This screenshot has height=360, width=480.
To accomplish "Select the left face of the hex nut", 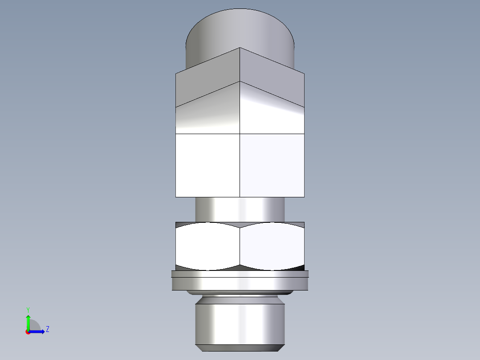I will [207, 246].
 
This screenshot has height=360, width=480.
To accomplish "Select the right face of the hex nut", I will [272, 246].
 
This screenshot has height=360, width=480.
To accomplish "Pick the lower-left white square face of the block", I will [207, 165].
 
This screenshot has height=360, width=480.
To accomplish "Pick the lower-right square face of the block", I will [272, 165].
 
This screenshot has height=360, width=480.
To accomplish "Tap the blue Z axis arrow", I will [39, 331].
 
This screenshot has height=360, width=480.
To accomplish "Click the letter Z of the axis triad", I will [47, 329].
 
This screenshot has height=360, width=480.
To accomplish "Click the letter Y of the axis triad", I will [28, 309].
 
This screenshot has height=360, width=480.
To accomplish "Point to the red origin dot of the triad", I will [28, 332].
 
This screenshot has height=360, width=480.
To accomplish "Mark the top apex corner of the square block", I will [240, 48].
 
